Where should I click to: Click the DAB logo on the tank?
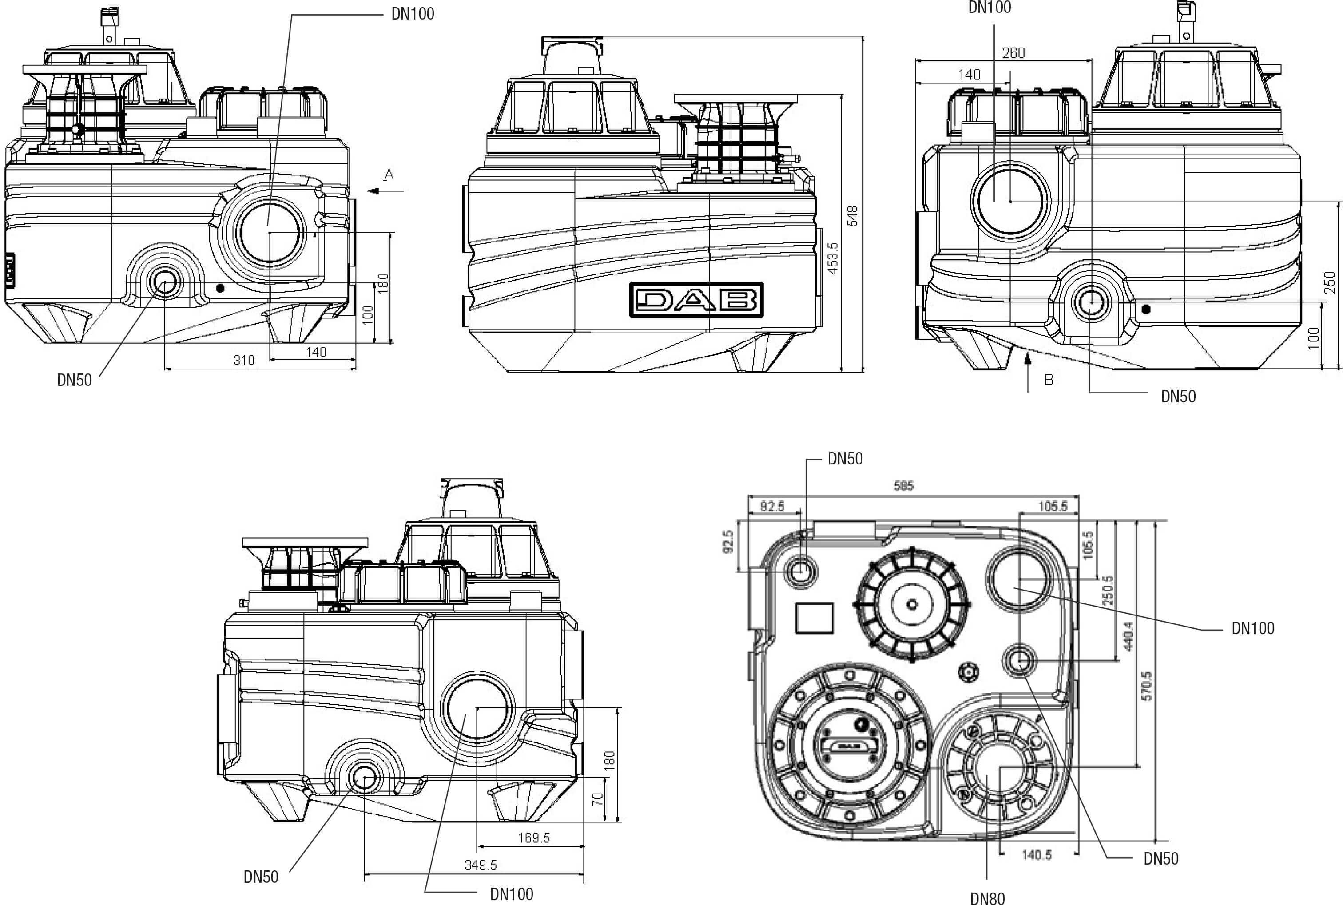tap(696, 300)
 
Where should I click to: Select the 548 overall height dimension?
tap(852, 216)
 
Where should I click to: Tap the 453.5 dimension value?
tap(833, 258)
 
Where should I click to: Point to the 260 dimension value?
tap(1013, 53)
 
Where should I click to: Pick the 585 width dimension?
tap(903, 486)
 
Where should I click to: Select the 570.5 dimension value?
tap(1147, 686)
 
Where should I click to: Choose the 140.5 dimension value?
tap(1037, 855)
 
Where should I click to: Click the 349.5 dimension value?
tap(480, 865)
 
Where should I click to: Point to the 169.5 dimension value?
tap(534, 838)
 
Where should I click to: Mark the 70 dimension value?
tap(598, 799)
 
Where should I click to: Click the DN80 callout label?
tap(987, 898)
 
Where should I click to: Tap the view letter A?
tap(389, 174)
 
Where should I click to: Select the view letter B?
tap(1049, 380)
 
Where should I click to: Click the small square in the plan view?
tap(814, 618)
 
